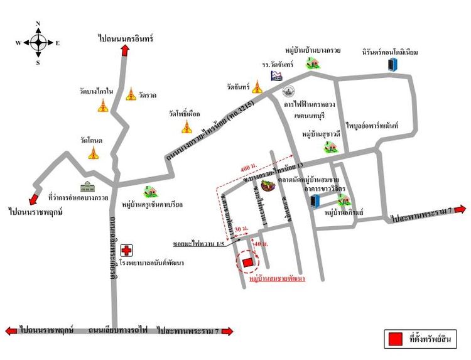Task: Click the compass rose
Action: pos(38,43)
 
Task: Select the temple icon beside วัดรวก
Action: pos(131,94)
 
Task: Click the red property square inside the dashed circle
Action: pos(247,262)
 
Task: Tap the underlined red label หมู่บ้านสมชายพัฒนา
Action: pos(277,277)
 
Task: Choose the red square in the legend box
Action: pos(396,339)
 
